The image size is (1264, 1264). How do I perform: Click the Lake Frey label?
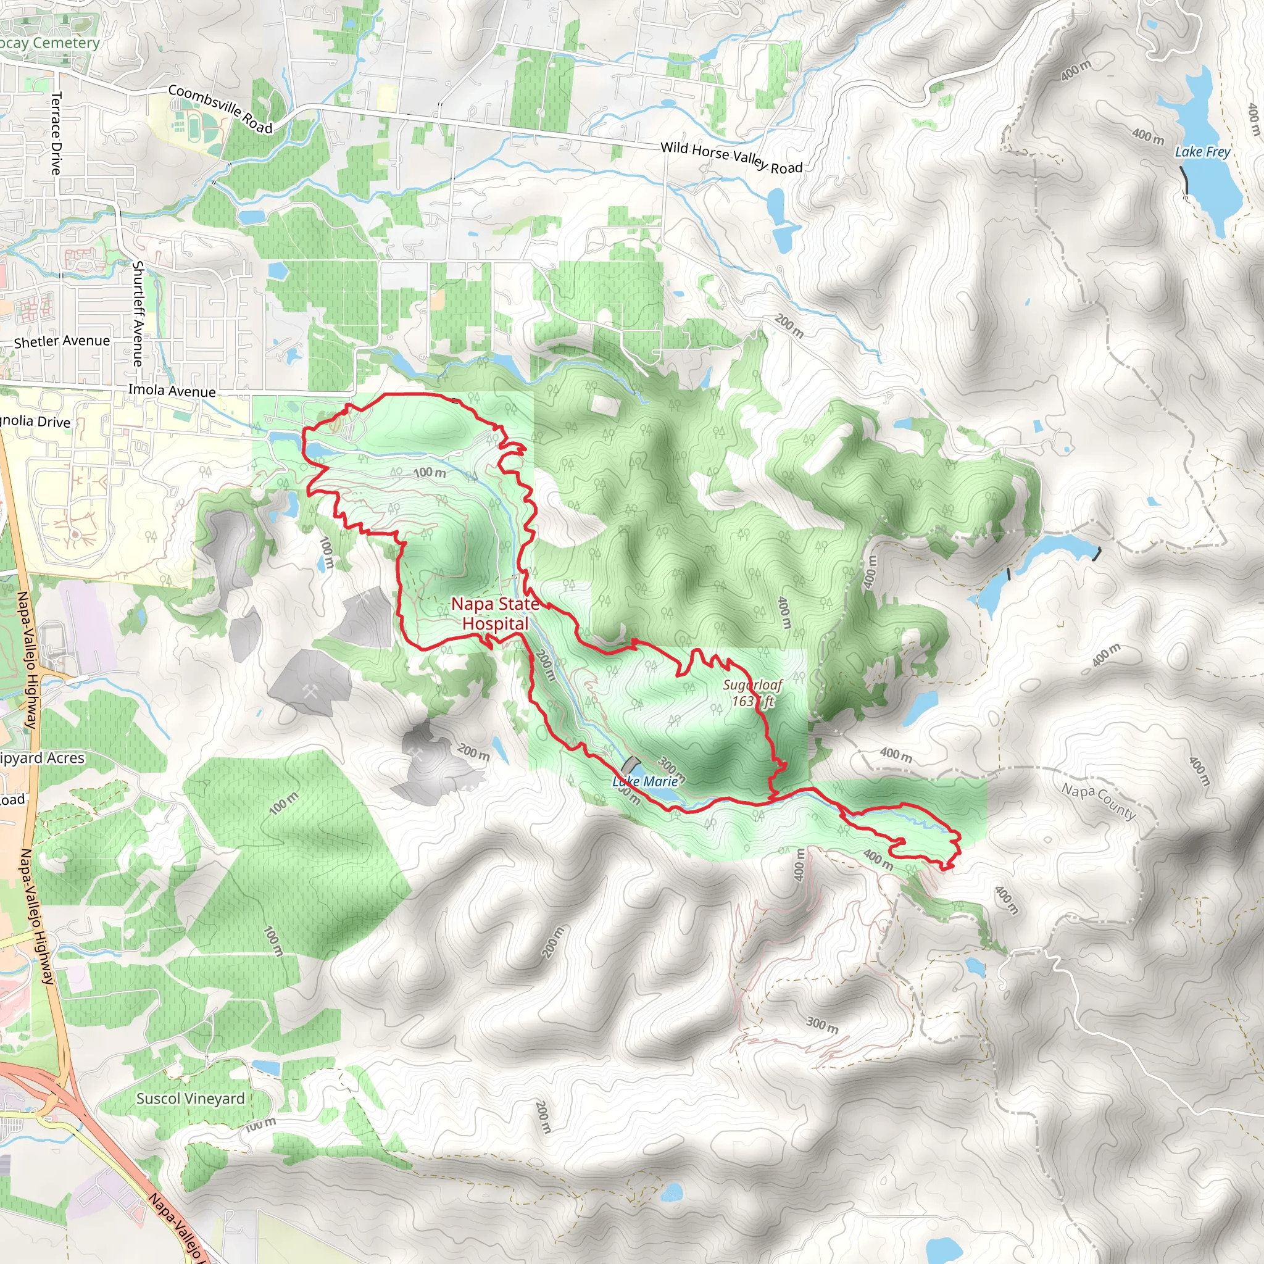tap(1202, 152)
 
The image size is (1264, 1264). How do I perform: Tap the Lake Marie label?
tap(645, 781)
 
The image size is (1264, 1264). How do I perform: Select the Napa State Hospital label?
tap(495, 613)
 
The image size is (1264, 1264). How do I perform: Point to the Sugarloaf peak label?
tap(752, 693)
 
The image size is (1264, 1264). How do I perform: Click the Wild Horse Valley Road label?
tap(731, 157)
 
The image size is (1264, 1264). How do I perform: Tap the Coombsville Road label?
tap(220, 109)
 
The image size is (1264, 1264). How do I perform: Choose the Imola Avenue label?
tap(172, 391)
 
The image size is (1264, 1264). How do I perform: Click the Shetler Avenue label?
tap(62, 341)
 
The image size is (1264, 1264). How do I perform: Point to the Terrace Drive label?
tap(57, 133)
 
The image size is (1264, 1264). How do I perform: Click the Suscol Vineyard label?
tap(190, 1099)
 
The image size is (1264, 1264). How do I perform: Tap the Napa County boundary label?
tap(1099, 802)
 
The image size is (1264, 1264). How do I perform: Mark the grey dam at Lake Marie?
tap(631, 763)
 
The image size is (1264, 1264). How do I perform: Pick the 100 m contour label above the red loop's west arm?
tap(429, 472)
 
